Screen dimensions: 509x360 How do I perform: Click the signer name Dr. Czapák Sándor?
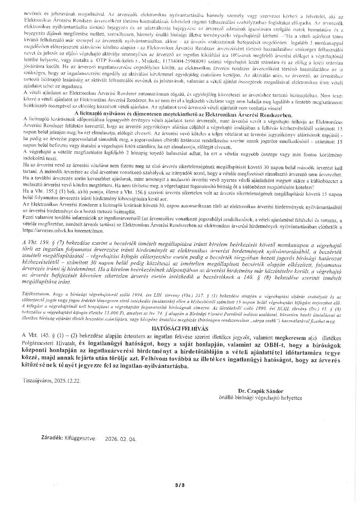coord(260,391)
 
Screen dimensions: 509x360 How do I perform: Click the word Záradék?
coord(51,439)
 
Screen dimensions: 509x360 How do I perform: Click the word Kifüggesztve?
coord(80,439)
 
